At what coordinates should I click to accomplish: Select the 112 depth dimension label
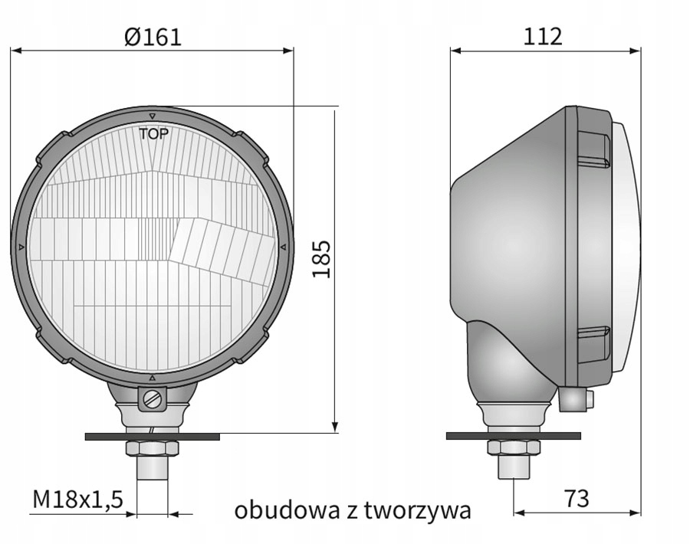[543, 37]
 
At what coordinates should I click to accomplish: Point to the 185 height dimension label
[321, 259]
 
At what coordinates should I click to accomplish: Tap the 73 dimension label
[577, 499]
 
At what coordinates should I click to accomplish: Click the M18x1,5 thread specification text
[77, 500]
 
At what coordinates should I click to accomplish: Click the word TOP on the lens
[153, 133]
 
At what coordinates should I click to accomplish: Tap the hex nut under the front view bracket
[152, 447]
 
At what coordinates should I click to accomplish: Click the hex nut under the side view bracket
[514, 447]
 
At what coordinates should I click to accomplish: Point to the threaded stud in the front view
[152, 467]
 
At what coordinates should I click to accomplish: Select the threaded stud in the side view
[514, 467]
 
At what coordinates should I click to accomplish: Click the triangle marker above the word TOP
[153, 116]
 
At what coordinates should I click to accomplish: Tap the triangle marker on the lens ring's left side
[20, 247]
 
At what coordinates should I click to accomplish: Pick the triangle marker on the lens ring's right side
[283, 247]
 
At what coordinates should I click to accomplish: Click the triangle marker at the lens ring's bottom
[152, 379]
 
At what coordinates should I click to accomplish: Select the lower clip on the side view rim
[593, 344]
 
